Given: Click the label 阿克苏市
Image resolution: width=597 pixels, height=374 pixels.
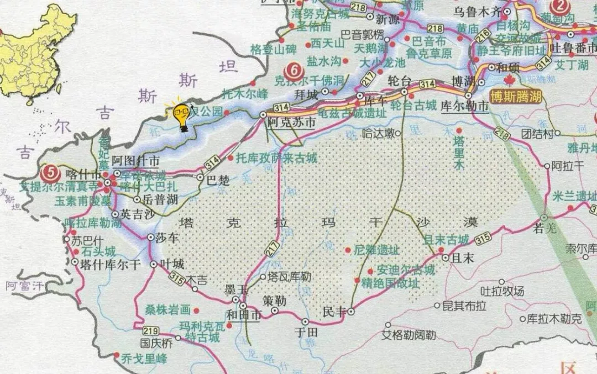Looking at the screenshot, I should pos(291,123).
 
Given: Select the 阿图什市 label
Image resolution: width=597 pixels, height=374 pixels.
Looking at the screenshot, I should pos(136,161).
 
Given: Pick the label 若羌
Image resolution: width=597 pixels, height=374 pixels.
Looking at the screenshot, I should pos(543,226).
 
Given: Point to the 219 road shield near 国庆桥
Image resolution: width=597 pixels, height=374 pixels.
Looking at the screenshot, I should pos(151,331).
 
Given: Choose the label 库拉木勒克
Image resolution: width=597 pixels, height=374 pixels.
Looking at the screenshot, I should pos(554,319).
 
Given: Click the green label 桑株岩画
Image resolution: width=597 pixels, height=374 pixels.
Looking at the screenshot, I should pos(167,310).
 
